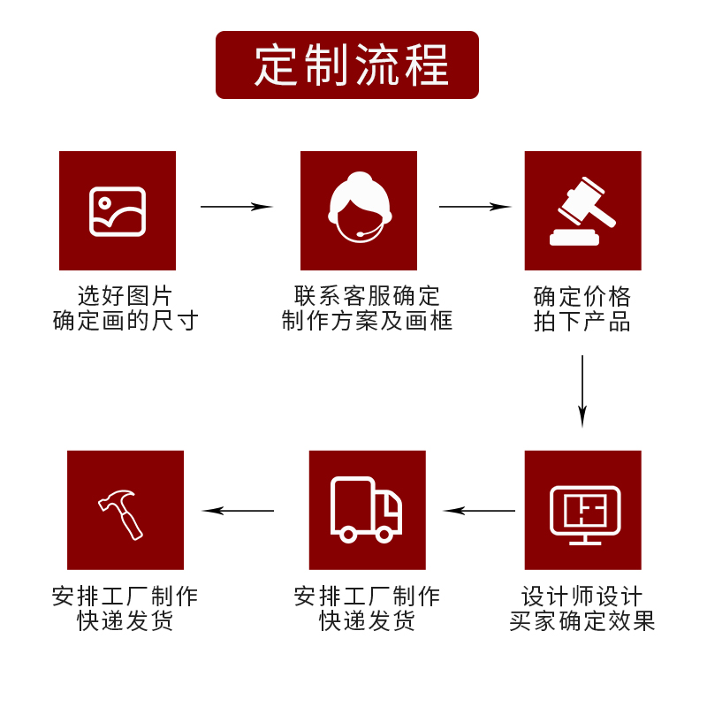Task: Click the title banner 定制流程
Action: pyautogui.click(x=347, y=65)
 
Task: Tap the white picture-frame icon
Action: pyautogui.click(x=118, y=211)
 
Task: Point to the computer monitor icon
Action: pyautogui.click(x=584, y=514)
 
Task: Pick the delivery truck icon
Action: pyautogui.click(x=366, y=510)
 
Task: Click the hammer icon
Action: pyautogui.click(x=123, y=513)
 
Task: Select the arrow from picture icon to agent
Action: pyautogui.click(x=236, y=207)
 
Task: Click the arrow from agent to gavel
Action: pyautogui.click(x=475, y=207)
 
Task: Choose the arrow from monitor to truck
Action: pyautogui.click(x=479, y=511)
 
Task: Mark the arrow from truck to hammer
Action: pyautogui.click(x=239, y=511)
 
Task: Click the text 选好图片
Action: pyautogui.click(x=125, y=295)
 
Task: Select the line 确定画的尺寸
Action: pyautogui.click(x=125, y=320)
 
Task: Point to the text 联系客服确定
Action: pyautogui.click(x=367, y=295)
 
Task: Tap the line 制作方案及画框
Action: pyautogui.click(x=367, y=320)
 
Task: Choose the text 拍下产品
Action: pyautogui.click(x=582, y=321)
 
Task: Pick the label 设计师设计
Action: pyautogui.click(x=582, y=597)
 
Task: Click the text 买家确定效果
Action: pyautogui.click(x=582, y=621)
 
